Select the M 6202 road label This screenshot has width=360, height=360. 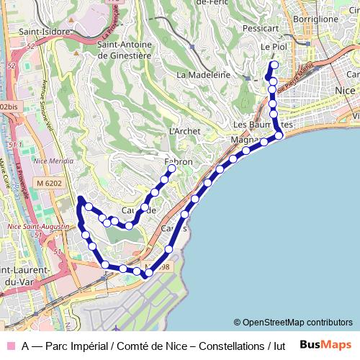(49, 184)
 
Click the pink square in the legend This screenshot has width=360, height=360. (9, 346)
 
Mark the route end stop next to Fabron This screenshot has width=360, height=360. (172, 169)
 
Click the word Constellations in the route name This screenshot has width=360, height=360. (230, 346)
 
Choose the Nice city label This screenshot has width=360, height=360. (346, 90)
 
